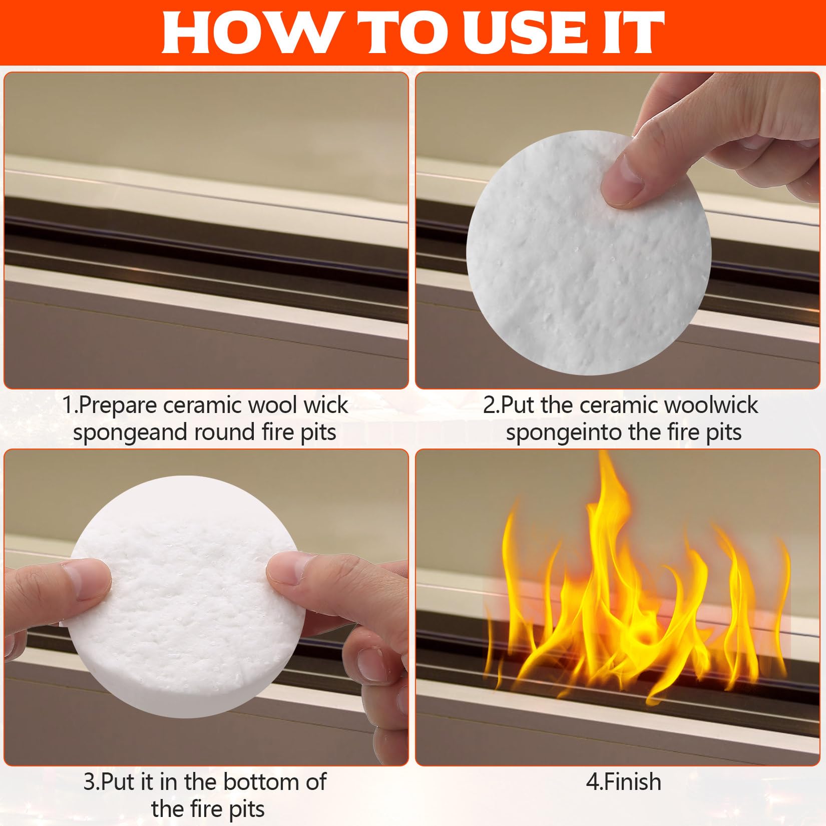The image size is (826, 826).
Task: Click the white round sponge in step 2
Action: (589, 253)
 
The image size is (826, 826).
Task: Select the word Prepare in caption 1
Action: (118, 406)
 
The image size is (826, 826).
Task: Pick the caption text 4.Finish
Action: (624, 782)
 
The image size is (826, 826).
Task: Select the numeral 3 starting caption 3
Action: (89, 782)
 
